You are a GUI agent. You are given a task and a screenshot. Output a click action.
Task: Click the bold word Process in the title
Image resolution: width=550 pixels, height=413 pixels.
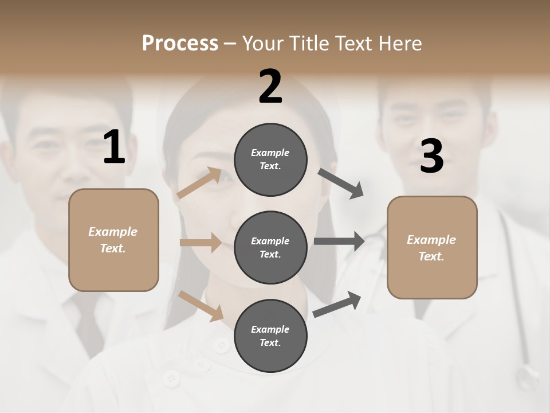pos(180,43)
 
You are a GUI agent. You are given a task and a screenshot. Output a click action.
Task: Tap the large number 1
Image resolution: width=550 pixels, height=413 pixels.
pos(114,147)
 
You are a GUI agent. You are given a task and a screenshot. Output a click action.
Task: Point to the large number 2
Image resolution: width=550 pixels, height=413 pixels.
pos(270,87)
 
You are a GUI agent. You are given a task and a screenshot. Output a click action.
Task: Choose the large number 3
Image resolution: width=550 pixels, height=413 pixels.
pos(431,157)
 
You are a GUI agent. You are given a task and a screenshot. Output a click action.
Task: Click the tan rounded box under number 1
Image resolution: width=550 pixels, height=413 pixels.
pos(113,240)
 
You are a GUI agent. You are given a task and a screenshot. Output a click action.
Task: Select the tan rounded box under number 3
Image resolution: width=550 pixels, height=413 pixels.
pos(432,247)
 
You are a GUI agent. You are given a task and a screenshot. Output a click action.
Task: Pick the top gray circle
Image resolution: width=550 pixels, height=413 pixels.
pos(270,159)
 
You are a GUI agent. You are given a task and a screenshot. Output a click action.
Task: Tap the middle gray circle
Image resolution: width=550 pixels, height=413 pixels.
pos(270,247)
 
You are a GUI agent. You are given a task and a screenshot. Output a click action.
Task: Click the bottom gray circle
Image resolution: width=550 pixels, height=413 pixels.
pos(270,336)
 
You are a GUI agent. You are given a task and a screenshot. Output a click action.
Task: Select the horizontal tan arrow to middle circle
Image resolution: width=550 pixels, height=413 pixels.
pos(201,243)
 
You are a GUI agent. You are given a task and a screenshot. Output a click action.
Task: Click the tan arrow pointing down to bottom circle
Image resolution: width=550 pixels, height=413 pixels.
pos(201,306)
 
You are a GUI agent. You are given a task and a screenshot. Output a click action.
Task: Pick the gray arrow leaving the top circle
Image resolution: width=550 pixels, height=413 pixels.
pos(341,184)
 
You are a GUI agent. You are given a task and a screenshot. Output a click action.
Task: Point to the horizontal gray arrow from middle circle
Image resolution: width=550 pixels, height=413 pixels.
pos(339,241)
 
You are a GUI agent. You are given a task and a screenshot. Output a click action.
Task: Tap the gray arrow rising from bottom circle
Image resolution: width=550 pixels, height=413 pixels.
pos(337,305)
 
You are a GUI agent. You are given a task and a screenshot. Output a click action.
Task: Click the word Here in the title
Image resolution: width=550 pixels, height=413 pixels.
pos(399,43)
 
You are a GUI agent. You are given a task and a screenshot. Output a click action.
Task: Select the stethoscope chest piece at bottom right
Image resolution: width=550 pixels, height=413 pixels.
pos(525,379)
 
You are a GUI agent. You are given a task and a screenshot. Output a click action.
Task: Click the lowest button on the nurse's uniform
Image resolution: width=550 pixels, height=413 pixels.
pos(170,378)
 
